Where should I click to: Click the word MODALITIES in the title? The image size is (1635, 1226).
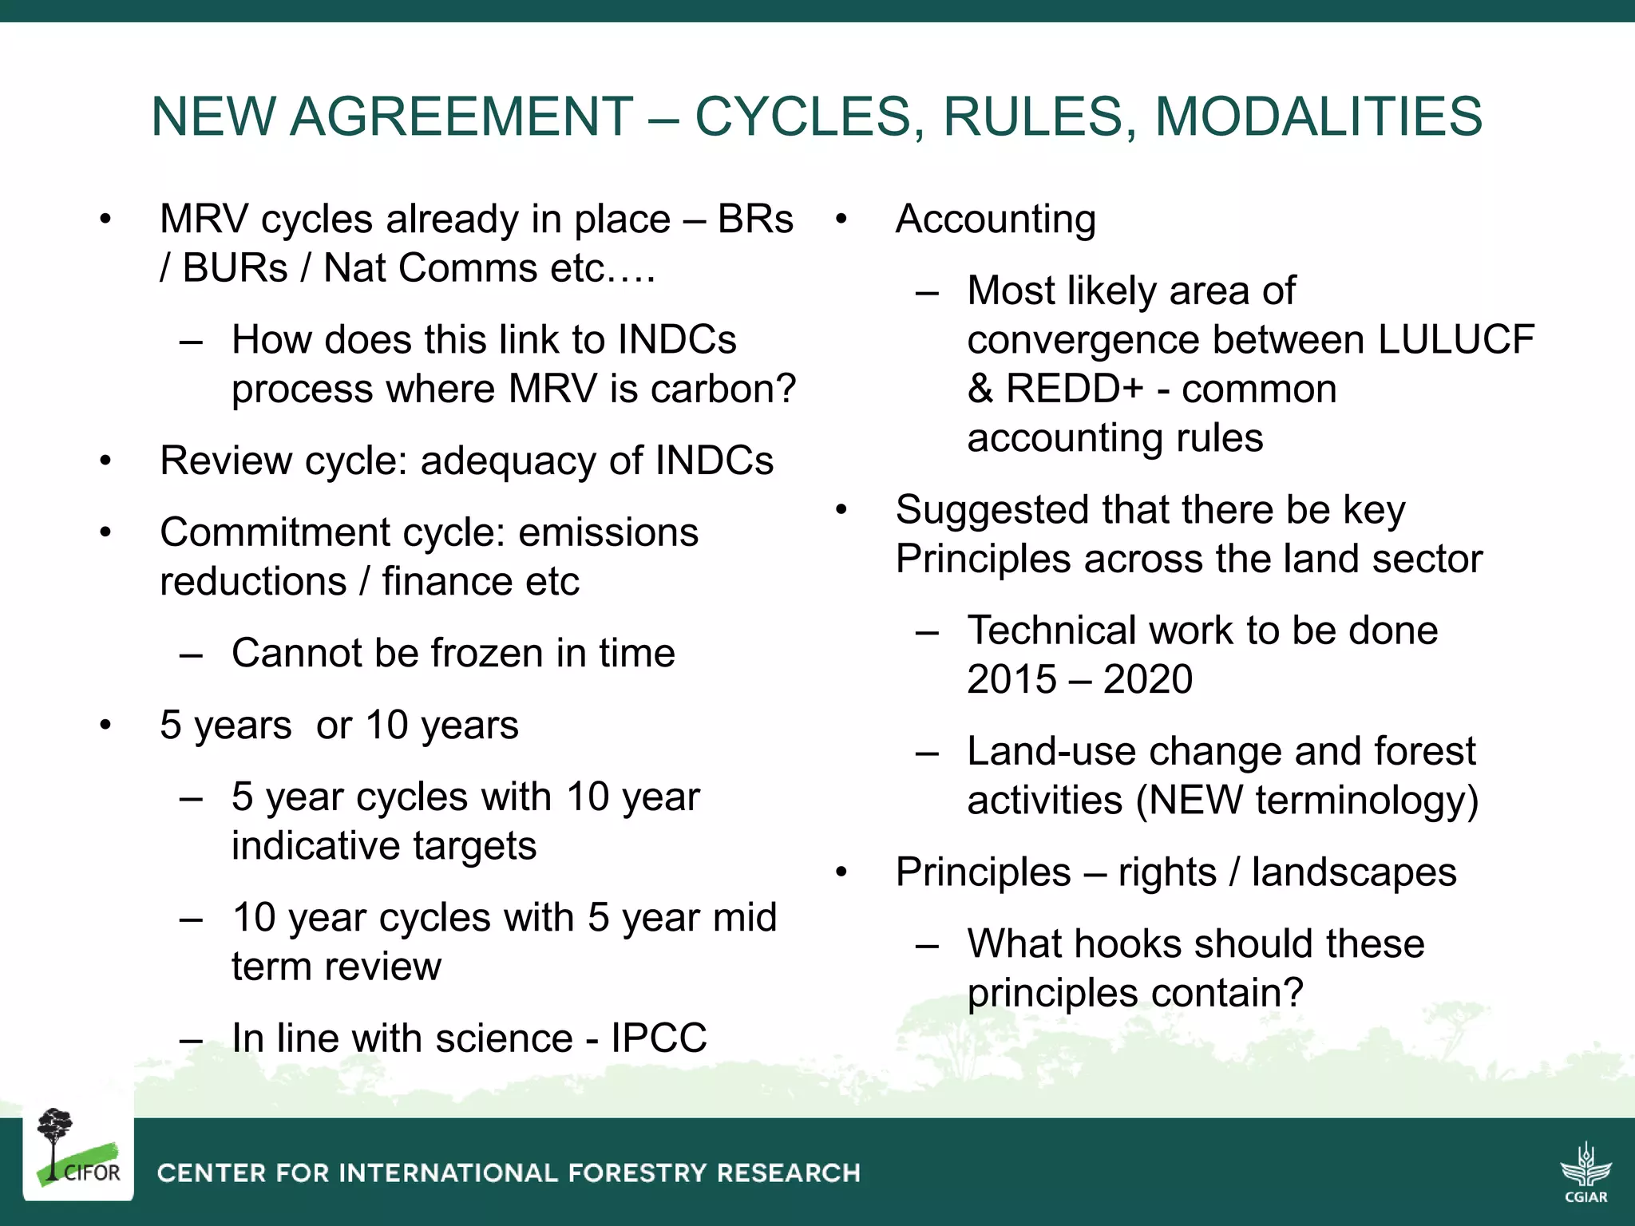coord(1318,117)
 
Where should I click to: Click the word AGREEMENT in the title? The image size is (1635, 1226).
coord(461,117)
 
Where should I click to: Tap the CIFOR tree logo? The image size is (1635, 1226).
coord(77,1149)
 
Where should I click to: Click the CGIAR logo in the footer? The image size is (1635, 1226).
coord(1586,1172)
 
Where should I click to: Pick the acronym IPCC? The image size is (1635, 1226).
coord(659,1038)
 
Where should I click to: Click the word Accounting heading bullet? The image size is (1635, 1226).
coord(996,219)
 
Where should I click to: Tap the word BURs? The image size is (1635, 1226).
coord(235,268)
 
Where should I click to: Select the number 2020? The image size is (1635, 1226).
coord(1147,680)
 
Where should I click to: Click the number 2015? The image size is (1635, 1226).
coord(1011,680)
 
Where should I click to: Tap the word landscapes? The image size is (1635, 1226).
coord(1353,872)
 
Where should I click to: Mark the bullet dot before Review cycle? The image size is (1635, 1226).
coord(105,461)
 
